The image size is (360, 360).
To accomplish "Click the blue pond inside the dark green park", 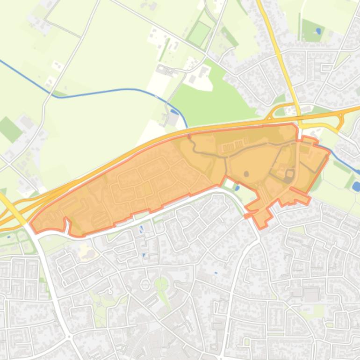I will (x=318, y=31).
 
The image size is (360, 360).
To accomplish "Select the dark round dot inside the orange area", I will (x=246, y=174).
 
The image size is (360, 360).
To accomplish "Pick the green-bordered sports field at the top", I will (x=200, y=33).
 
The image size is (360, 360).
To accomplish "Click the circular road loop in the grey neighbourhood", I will (x=145, y=284).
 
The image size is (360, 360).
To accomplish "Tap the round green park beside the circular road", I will (x=161, y=283).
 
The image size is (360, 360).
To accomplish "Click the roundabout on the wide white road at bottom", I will (x=69, y=336).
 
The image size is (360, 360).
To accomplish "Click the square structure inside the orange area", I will (x=288, y=175).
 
